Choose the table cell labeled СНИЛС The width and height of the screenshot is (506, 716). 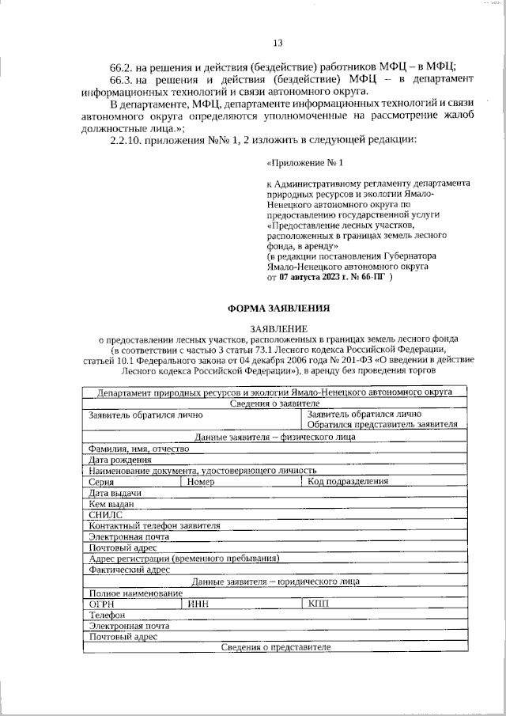(x=106, y=514)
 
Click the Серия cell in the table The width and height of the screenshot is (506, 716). (x=102, y=481)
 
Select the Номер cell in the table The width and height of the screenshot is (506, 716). (x=202, y=481)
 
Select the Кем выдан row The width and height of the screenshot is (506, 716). (x=111, y=503)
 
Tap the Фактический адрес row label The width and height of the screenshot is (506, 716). (x=130, y=569)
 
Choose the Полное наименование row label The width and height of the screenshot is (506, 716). (x=135, y=592)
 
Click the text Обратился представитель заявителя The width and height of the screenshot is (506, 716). (x=382, y=425)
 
